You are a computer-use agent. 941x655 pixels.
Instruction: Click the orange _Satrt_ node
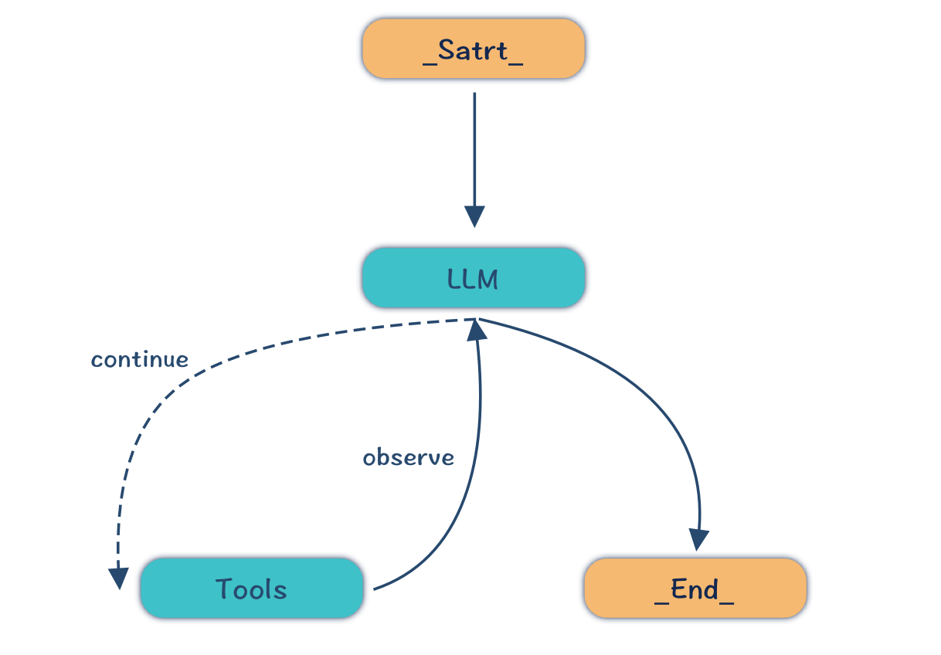pos(474,49)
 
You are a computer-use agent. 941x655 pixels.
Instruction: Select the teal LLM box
pos(474,278)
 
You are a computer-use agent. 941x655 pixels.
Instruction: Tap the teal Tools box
pos(252,589)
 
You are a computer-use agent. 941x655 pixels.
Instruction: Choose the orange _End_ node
pos(695,589)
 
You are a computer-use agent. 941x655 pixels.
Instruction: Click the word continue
pos(140,360)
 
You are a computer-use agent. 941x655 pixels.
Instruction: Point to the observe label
pos(409,458)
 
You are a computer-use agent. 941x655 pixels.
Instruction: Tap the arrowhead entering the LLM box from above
pos(474,216)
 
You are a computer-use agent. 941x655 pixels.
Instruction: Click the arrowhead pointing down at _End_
pos(699,539)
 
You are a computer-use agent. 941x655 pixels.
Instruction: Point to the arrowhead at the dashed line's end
pos(118,578)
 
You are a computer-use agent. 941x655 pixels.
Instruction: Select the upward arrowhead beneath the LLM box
pos(477,331)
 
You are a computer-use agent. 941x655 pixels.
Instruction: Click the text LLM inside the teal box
pos(474,279)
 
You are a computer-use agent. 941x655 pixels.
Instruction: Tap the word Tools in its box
pos(252,589)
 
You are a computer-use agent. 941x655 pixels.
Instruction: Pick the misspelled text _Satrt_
pos(474,51)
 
